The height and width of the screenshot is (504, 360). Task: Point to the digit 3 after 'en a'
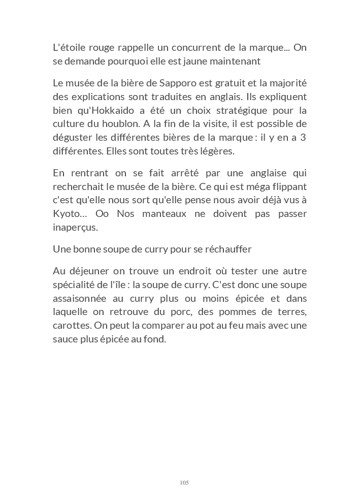click(303, 137)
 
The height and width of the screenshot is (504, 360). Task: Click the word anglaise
click(267, 173)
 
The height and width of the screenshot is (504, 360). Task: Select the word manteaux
click(157, 213)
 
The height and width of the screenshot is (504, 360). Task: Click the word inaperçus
click(75, 227)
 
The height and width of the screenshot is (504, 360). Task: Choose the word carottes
click(70, 325)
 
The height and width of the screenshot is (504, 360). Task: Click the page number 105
click(184, 482)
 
